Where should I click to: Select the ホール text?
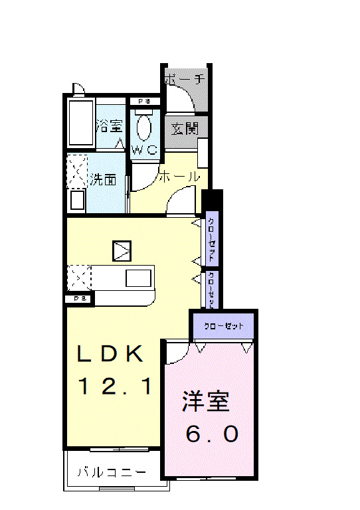click(x=179, y=177)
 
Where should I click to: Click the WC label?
click(x=144, y=149)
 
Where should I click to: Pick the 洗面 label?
click(x=104, y=179)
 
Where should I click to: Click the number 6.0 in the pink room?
click(x=211, y=434)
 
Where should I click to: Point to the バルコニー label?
click(x=111, y=473)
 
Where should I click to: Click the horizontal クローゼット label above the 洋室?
click(x=223, y=327)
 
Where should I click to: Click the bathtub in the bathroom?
click(x=81, y=124)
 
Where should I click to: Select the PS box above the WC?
click(x=144, y=102)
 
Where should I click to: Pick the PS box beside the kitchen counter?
click(x=80, y=299)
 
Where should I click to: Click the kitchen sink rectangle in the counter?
click(x=138, y=278)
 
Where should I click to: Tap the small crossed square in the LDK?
click(x=123, y=250)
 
